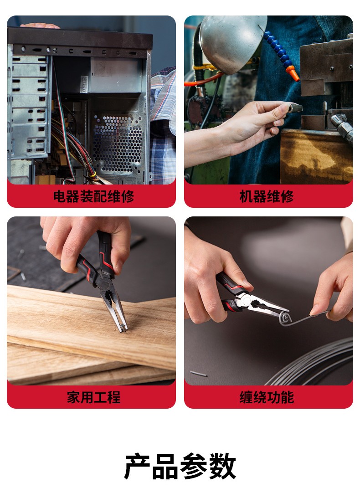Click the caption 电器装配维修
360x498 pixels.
(x=93, y=196)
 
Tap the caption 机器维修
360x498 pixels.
(x=266, y=196)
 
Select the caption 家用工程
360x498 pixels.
(x=93, y=397)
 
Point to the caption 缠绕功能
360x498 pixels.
(x=266, y=397)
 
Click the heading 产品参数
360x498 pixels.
(x=180, y=466)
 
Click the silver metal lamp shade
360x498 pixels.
(x=232, y=41)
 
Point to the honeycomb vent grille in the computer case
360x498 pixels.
(x=118, y=144)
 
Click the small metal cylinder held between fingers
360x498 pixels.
(x=295, y=108)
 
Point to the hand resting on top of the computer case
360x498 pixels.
(x=40, y=26)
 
